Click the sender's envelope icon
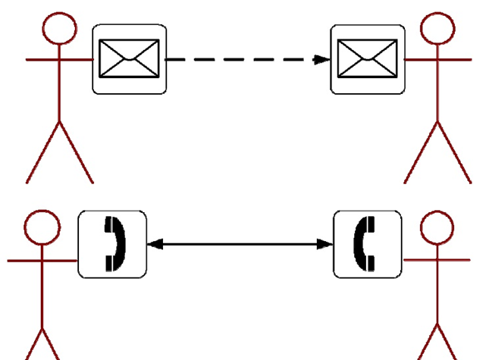point(130,59)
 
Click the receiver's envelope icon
point(368,59)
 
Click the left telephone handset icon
point(112,244)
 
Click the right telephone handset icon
point(368,244)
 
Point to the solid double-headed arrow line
point(240,244)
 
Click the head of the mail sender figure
point(59,29)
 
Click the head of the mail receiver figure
point(437,29)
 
